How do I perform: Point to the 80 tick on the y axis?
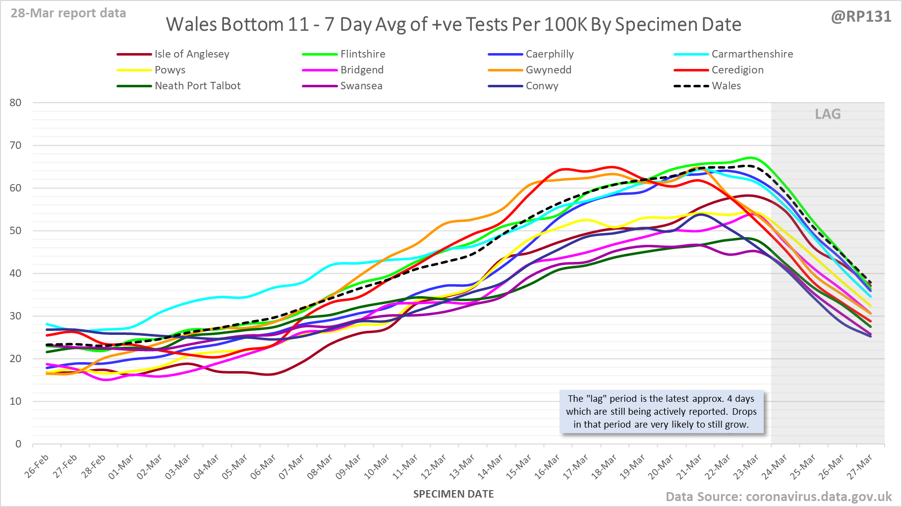16,103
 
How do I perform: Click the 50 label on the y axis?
16,231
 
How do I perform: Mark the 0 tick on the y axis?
19,444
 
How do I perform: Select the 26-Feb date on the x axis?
38,466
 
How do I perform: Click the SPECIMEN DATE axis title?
453,494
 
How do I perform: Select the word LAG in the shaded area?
828,114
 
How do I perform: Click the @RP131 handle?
861,17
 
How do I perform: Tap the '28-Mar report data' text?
68,13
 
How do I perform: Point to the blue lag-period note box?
662,412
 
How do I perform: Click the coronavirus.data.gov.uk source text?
818,497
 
